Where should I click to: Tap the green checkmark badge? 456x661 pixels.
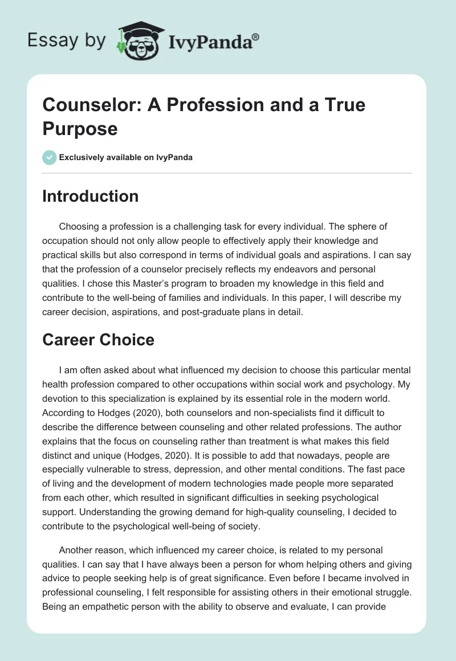pos(50,157)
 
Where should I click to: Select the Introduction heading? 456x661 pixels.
pos(91,196)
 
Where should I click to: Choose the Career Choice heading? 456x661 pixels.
pos(98,340)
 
